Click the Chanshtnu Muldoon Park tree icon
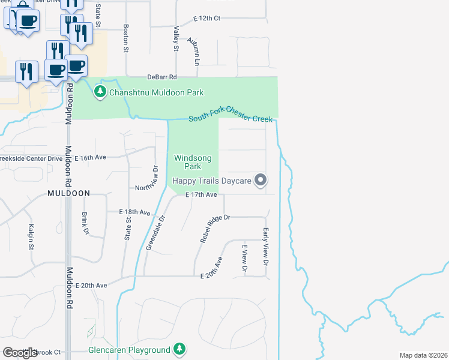coord(100,92)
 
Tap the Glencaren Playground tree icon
coord(179,349)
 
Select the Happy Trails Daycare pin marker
coord(260,180)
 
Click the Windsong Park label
coord(193,162)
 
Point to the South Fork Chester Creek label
coord(231,119)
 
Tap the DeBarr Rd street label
coord(162,77)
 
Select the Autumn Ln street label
coord(193,50)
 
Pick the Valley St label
coord(176,38)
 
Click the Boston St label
coord(126,38)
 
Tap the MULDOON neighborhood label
coord(69,193)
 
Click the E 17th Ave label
coord(200,195)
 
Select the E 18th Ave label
coord(134,212)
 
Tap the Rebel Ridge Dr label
coord(215,229)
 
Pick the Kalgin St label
coord(31,237)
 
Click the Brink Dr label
coord(86,223)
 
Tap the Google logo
coord(20,352)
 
